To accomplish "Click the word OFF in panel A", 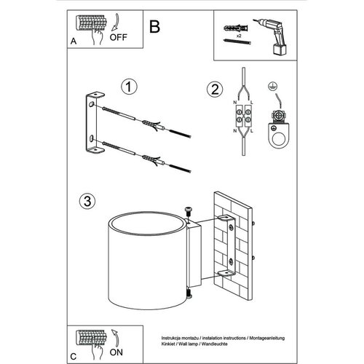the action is coord(118,37).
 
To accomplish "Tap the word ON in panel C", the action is coord(116,352).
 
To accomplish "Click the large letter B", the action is coord(154,27).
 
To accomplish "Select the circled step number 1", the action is coord(129,87).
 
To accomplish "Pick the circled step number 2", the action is coord(215,89).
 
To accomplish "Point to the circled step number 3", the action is coord(87,201).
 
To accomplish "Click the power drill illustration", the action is coord(272,36).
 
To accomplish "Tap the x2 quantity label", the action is coord(239,36).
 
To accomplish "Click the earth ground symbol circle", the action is coord(273,87).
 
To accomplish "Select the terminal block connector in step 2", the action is coord(243,116).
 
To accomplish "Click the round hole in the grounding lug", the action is coord(278,139).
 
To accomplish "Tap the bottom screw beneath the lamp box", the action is coord(189,294).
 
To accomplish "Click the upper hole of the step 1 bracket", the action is coord(91,105).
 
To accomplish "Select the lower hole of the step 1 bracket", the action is coord(91,139).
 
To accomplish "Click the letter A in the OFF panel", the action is coord(74,41).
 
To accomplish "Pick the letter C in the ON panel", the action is coord(74,357).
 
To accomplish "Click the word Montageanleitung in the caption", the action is coord(267,338).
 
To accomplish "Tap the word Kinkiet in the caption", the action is coord(167,344).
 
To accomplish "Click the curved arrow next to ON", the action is coord(115,337).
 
